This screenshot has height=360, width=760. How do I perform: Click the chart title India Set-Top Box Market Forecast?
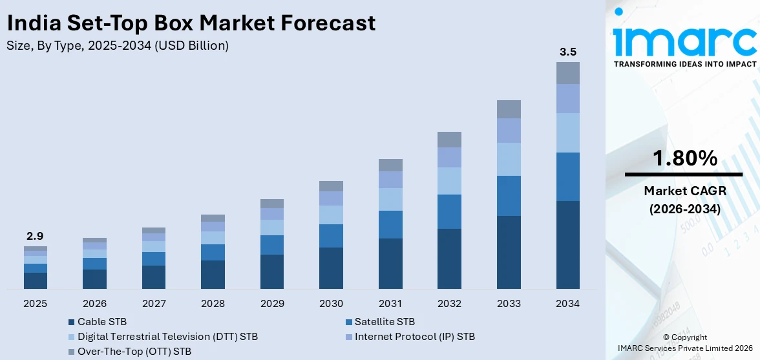[191, 23]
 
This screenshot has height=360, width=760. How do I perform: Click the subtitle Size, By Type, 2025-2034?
[117, 46]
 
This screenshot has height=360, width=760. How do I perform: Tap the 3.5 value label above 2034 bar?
[567, 51]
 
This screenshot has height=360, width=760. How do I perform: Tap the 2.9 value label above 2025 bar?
[36, 236]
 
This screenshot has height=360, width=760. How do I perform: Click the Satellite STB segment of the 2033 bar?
[509, 195]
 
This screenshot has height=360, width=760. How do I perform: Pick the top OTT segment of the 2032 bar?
[449, 140]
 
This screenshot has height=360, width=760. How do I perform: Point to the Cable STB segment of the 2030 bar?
[331, 268]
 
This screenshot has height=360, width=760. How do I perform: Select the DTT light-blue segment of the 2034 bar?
[567, 132]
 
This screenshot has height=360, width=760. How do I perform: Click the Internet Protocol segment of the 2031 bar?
[390, 180]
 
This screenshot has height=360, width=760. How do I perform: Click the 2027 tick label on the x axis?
[154, 304]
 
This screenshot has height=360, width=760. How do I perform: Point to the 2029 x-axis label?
[272, 304]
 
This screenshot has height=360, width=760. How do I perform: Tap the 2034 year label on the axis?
[567, 304]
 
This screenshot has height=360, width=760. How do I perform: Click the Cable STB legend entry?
[101, 321]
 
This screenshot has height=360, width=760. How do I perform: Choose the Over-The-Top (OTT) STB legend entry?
[134, 352]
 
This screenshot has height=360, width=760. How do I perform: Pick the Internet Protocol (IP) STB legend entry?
[414, 336]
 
